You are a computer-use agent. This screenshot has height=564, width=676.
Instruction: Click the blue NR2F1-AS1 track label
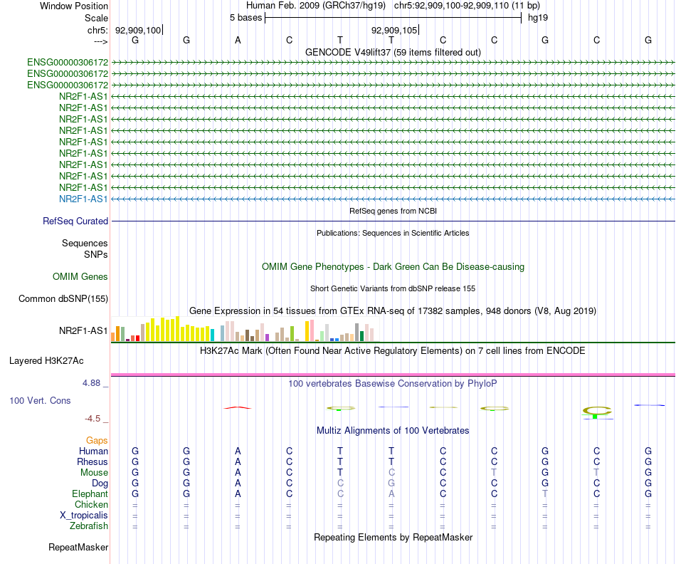(83, 199)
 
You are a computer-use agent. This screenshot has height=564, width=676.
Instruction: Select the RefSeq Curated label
(75, 221)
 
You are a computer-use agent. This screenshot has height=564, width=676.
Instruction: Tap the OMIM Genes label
(80, 276)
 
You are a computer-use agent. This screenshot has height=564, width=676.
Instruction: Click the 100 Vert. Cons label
(40, 401)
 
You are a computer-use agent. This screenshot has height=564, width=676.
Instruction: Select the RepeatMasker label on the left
(78, 548)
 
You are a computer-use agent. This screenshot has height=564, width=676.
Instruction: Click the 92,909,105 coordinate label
(394, 30)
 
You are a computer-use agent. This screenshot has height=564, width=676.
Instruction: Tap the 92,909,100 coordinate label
(138, 30)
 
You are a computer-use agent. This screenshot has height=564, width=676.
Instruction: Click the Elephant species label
(90, 493)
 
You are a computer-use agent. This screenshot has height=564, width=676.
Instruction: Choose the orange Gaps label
(97, 441)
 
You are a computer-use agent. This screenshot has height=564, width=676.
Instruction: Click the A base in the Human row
(238, 451)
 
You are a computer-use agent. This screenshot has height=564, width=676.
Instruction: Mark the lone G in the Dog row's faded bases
(391, 483)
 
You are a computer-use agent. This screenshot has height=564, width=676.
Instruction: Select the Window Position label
(74, 6)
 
